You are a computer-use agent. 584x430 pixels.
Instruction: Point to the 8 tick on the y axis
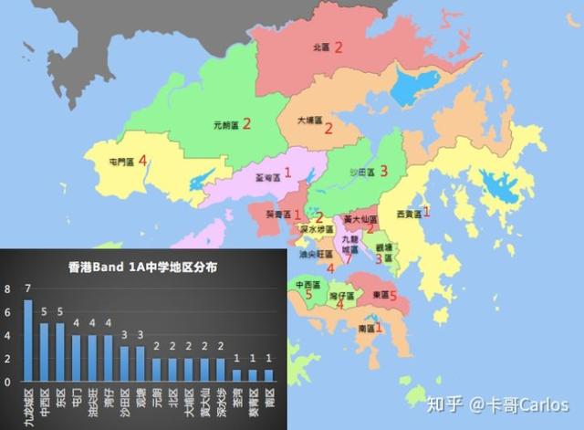(9, 289)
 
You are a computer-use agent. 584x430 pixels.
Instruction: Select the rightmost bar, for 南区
(268, 374)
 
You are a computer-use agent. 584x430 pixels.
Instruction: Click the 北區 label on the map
(320, 47)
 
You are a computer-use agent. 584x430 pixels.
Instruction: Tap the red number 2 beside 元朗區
(245, 123)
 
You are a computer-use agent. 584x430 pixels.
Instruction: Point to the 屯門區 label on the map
(121, 162)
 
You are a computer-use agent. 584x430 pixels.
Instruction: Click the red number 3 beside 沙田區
(384, 171)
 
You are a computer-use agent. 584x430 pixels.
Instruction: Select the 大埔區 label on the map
(310, 120)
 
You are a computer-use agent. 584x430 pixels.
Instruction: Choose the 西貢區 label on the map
(409, 214)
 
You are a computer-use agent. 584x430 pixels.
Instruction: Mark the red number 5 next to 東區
(393, 296)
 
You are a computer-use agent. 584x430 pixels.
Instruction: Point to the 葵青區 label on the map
(278, 215)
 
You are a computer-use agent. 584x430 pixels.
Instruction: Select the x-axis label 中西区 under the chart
(44, 403)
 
